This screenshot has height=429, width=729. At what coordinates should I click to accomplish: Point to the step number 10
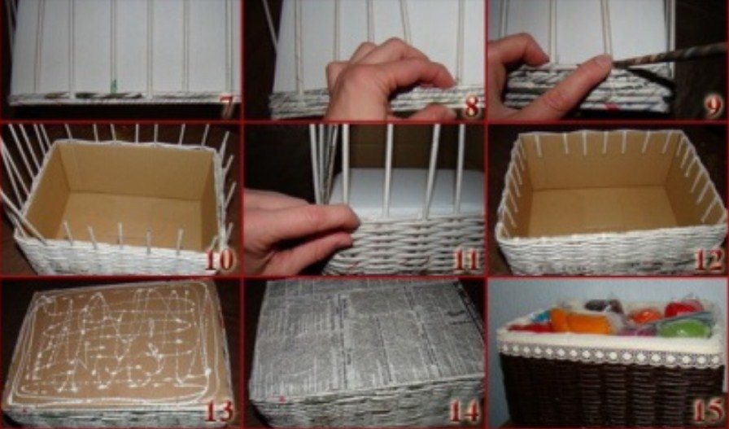click(x=220, y=260)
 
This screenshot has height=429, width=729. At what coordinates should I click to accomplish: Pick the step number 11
click(x=465, y=260)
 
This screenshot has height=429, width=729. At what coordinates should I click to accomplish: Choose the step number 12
click(x=709, y=260)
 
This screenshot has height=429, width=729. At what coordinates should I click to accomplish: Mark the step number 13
click(x=219, y=411)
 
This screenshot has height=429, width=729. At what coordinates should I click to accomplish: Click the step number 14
click(x=464, y=411)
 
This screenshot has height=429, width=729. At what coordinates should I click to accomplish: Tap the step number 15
click(x=708, y=411)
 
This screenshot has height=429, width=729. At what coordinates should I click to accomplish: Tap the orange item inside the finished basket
click(x=581, y=322)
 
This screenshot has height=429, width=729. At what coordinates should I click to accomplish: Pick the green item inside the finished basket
click(x=684, y=329)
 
